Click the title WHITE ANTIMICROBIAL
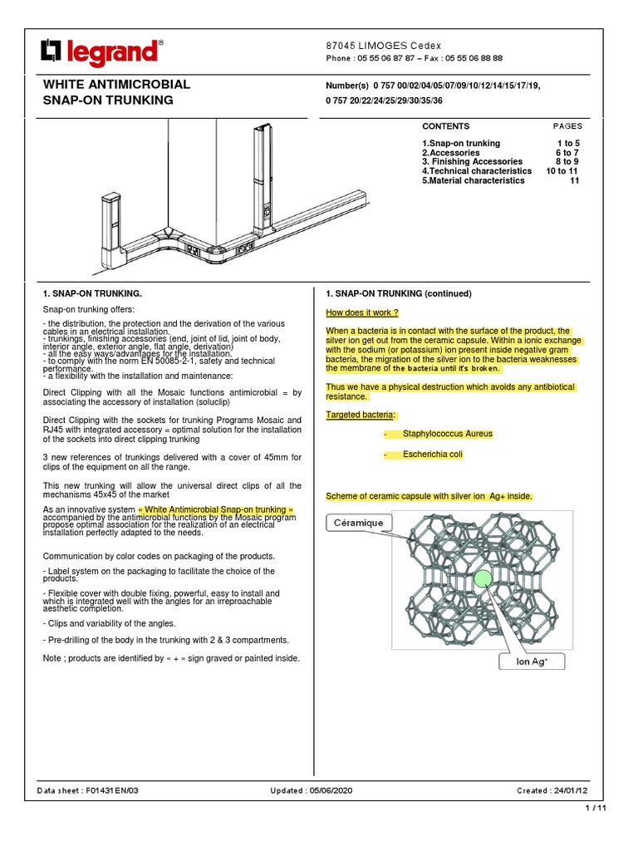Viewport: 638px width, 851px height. (x=116, y=85)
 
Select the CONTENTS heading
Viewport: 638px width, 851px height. (x=445, y=126)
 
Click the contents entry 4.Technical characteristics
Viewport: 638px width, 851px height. (x=476, y=170)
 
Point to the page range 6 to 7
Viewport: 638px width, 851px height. (x=567, y=153)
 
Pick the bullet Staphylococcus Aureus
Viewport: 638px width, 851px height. (x=447, y=434)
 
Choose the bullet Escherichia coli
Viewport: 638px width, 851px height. (x=433, y=455)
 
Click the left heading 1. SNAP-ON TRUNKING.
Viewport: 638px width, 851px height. (x=92, y=293)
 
